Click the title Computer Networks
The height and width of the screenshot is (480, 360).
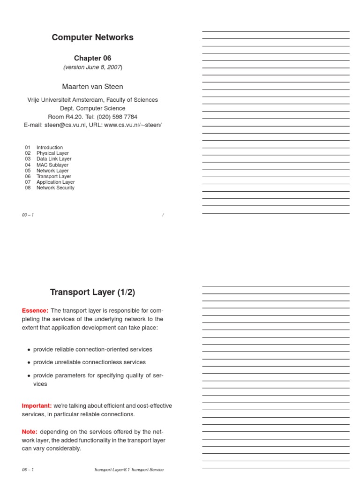click(92, 37)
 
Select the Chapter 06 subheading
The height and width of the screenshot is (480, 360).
click(92, 58)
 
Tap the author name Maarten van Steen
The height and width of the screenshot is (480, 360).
click(92, 87)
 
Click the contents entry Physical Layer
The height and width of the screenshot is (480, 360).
click(52, 153)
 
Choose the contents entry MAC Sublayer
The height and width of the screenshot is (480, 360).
click(52, 165)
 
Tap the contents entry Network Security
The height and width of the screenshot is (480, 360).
click(55, 188)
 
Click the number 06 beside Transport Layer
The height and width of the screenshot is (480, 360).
click(28, 176)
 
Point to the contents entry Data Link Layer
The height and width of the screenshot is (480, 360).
click(54, 159)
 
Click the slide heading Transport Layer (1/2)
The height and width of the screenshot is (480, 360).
click(92, 292)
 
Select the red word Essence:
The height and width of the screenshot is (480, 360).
click(35, 310)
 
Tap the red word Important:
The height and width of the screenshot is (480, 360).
click(37, 405)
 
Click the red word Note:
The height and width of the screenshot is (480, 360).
click(30, 431)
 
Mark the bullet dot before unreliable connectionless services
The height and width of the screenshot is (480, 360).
click(29, 363)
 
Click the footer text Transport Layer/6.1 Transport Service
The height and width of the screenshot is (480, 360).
click(128, 470)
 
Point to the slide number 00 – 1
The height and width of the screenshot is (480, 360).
click(28, 215)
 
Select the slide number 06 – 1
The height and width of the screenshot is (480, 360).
click(28, 470)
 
